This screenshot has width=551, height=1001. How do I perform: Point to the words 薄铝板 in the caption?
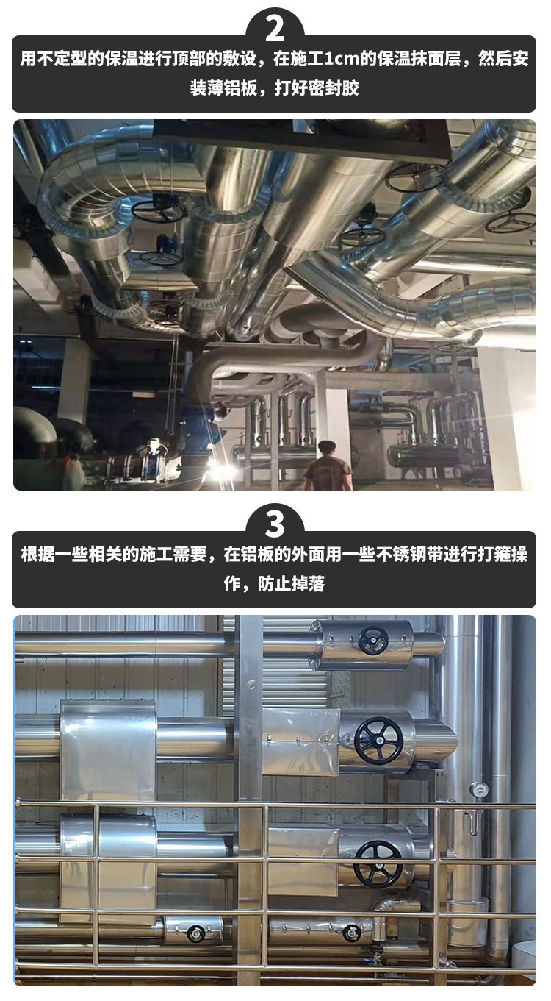click(231, 88)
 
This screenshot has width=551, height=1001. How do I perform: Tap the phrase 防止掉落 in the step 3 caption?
click(292, 584)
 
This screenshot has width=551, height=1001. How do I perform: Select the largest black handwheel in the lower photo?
click(378, 741)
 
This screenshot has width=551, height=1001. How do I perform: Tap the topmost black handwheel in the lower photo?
click(373, 641)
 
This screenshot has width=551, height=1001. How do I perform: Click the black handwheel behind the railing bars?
click(378, 865)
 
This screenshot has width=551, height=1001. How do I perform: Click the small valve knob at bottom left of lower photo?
click(195, 933)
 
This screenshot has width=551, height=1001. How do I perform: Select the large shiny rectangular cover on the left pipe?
click(108, 749)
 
